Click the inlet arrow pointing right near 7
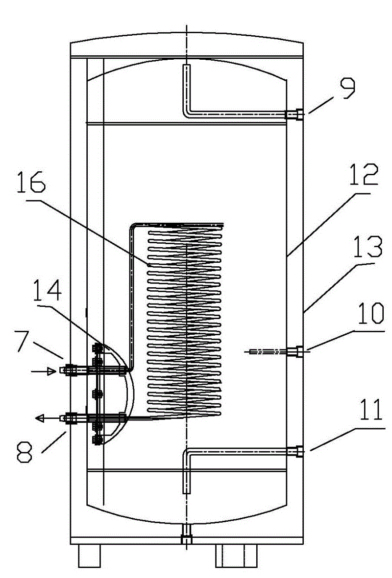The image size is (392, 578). pyautogui.click(x=44, y=372)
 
